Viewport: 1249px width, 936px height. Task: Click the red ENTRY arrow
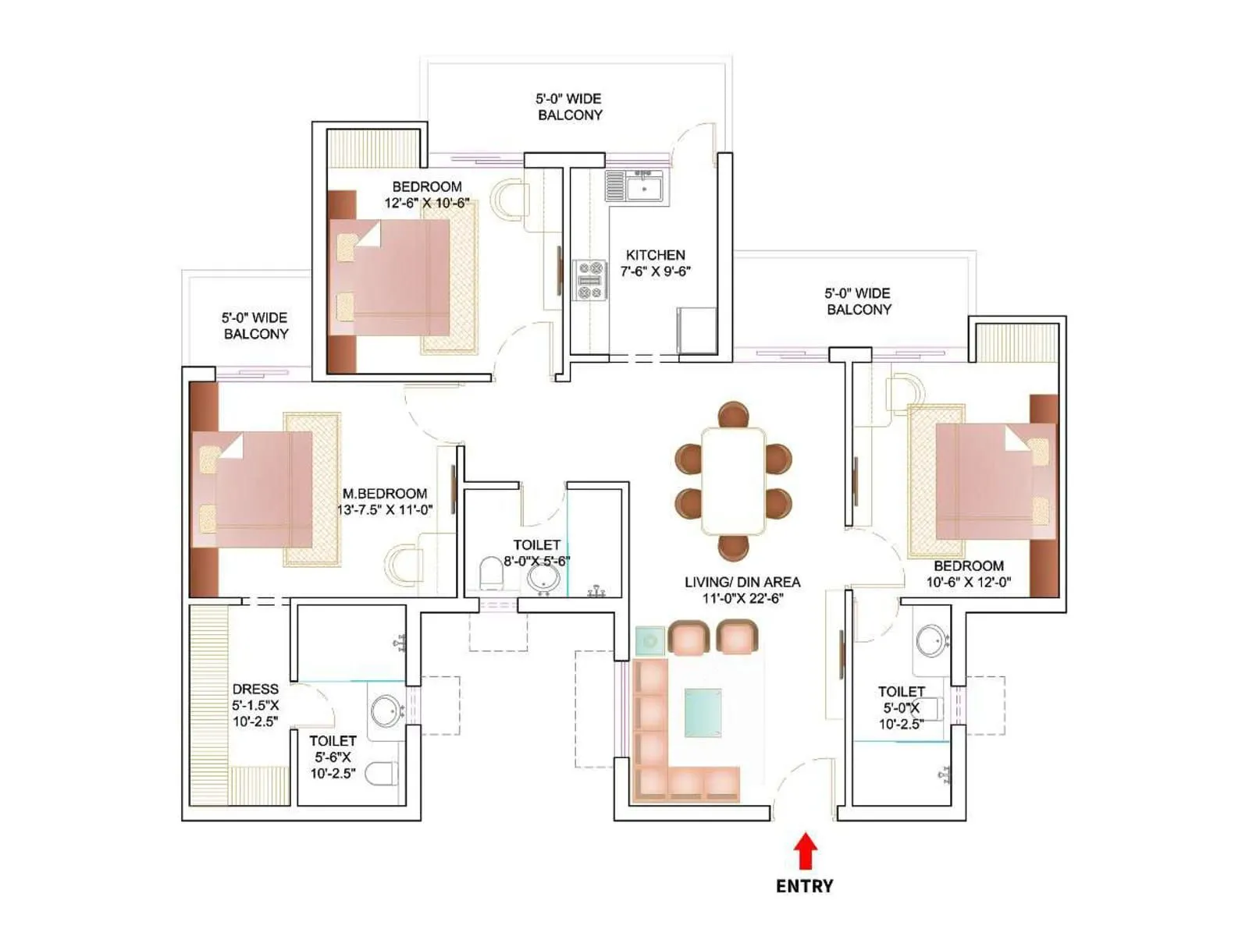coord(806,852)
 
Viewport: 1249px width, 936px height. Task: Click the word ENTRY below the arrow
coord(804,886)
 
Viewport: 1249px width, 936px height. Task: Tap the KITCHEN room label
coord(655,255)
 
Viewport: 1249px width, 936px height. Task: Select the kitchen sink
coord(643,187)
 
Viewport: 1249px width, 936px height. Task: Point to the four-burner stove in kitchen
coord(589,280)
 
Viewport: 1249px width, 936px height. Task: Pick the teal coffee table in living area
coord(703,712)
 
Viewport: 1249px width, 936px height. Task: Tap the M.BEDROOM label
coord(385,494)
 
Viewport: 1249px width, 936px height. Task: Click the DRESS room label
coord(255,690)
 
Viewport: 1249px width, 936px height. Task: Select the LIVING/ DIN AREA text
coord(742,582)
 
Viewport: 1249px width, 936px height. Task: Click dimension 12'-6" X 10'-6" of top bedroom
coord(426,204)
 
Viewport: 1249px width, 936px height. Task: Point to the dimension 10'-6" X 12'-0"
coord(968,582)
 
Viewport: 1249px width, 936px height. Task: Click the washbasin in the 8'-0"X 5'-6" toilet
coord(543,579)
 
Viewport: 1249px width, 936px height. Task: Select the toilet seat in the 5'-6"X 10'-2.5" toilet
coord(382,773)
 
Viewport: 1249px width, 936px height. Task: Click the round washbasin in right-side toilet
coord(931,641)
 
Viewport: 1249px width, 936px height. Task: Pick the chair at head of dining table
coord(733,413)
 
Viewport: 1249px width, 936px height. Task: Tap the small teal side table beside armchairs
coord(649,641)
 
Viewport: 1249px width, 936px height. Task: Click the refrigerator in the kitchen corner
coord(696,331)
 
